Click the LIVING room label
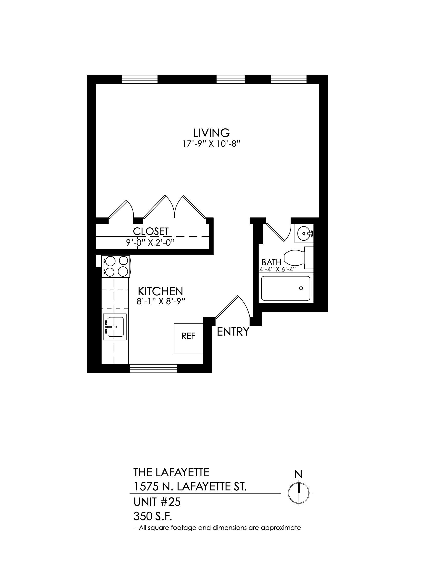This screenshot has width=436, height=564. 212,133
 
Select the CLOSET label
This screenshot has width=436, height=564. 151,231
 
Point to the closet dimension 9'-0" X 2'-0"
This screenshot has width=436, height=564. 150,242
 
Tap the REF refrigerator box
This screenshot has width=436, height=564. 188,338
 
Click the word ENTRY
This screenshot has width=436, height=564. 233,331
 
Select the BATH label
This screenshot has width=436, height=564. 271,262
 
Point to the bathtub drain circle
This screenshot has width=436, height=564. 301,288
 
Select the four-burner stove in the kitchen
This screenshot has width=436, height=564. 116,266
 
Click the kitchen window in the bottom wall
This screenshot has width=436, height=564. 153,368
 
